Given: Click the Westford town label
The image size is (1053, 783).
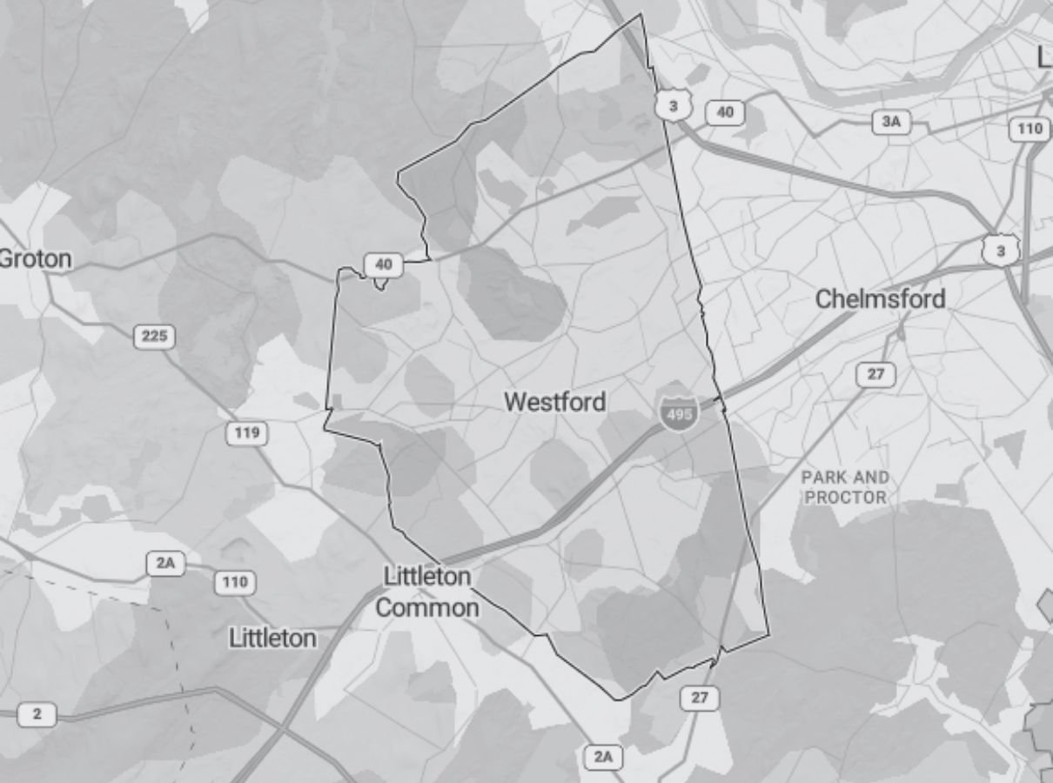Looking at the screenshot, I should [x=554, y=402].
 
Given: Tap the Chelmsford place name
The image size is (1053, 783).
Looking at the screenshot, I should [x=880, y=299].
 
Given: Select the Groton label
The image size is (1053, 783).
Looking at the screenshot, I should [x=35, y=259].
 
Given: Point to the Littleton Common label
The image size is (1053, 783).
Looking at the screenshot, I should [x=427, y=592].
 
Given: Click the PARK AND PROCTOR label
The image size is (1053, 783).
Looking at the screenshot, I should [x=845, y=487].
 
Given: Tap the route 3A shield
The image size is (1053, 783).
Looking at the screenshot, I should [x=891, y=123].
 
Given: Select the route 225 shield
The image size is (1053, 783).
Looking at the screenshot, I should [x=154, y=336].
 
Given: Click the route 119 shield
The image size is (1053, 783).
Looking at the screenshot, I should [x=246, y=432].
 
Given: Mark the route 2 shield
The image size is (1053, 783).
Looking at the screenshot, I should [x=37, y=714].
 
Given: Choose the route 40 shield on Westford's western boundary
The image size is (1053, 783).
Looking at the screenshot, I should [x=383, y=264].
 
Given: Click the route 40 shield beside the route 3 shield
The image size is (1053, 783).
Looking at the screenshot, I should [x=725, y=112].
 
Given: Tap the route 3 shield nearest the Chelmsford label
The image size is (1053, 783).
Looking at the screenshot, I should [x=1000, y=251].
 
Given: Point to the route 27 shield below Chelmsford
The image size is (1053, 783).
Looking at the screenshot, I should [x=875, y=375].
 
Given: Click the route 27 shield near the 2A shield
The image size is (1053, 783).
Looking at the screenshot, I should [x=700, y=697].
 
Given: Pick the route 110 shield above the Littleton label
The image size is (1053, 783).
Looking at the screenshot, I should [x=234, y=582].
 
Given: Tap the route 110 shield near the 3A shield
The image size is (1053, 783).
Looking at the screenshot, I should [x=1029, y=130].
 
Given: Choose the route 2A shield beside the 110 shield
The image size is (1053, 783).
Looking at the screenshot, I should [x=165, y=564].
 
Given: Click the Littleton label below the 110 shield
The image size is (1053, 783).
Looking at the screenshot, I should [x=272, y=639].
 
